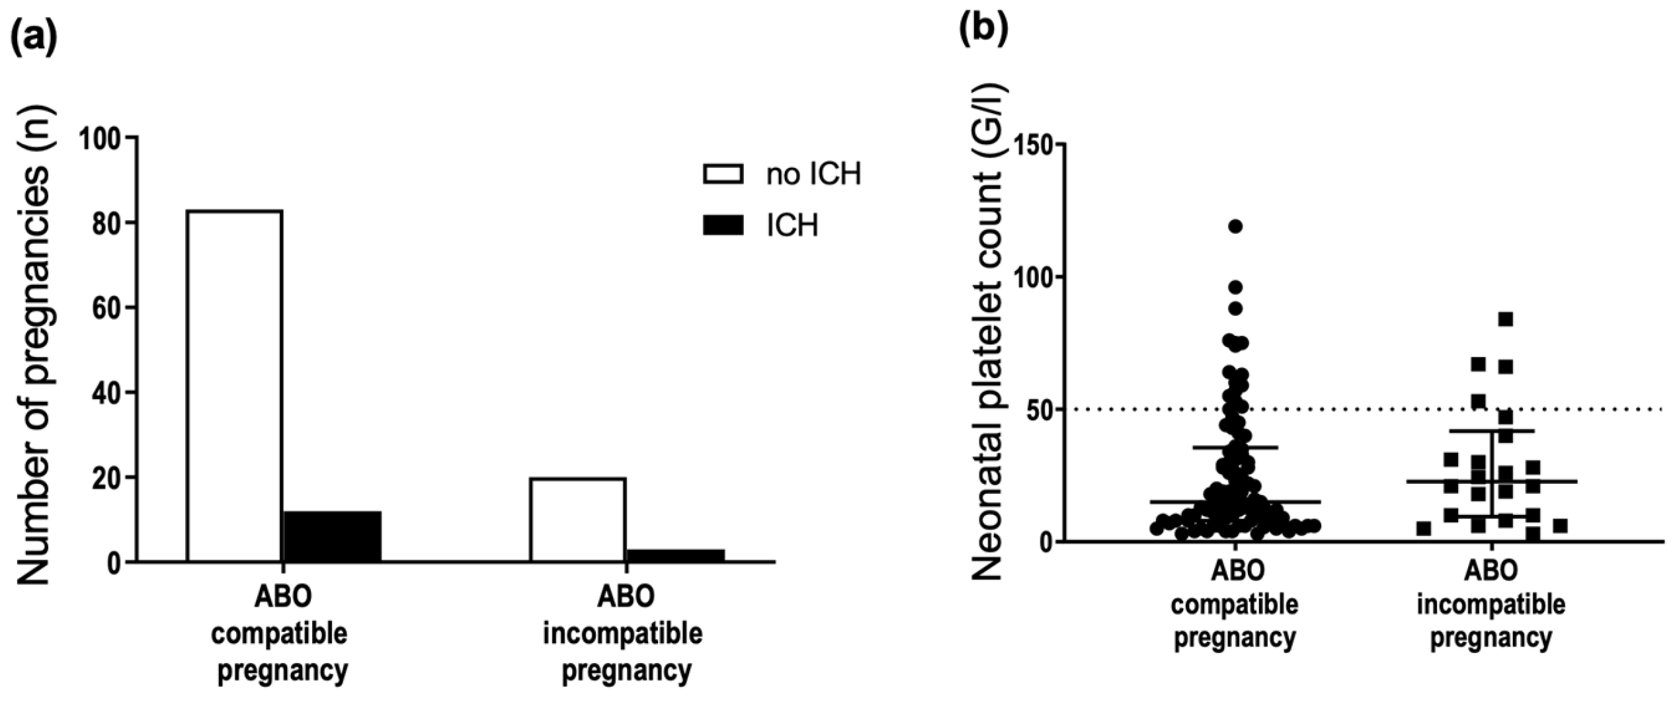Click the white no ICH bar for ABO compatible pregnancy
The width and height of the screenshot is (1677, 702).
[x=235, y=386]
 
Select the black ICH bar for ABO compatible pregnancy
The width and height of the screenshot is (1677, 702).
[x=332, y=537]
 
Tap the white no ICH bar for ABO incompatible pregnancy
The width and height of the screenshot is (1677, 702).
[x=577, y=520]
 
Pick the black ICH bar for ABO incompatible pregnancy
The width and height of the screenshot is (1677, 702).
[x=675, y=555]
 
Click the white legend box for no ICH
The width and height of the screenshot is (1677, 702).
[x=723, y=175]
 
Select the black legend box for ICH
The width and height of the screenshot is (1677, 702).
[x=723, y=226]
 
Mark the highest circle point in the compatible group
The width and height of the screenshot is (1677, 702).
[x=1235, y=226]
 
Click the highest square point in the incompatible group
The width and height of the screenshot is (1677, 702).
[x=1506, y=319]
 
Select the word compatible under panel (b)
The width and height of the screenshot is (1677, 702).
[x=1235, y=604]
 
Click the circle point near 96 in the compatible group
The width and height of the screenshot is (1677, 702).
[x=1235, y=287]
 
